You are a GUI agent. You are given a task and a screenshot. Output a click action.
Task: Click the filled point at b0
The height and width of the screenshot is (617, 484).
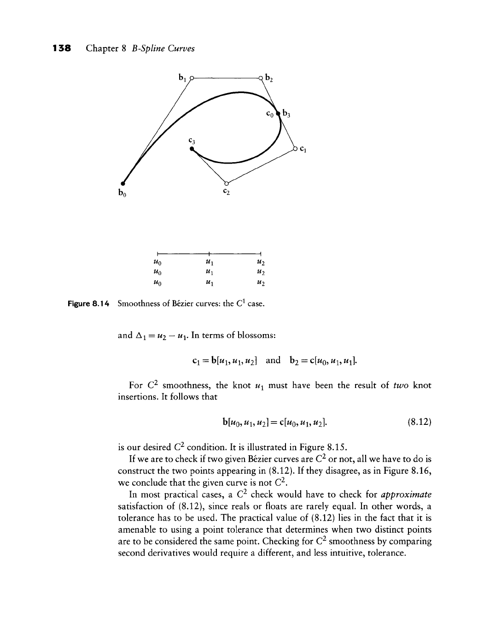[x=123, y=183]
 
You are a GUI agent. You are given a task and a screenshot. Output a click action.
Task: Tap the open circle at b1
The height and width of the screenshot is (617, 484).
[x=192, y=78]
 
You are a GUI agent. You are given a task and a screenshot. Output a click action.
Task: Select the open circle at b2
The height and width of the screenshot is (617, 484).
[x=261, y=78]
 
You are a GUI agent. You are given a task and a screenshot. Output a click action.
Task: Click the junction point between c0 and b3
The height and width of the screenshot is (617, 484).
[x=278, y=113]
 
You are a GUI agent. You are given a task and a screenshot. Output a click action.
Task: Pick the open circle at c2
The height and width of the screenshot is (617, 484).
[x=226, y=183]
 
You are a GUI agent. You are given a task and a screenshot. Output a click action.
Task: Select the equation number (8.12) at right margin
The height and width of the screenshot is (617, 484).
[x=419, y=421]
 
